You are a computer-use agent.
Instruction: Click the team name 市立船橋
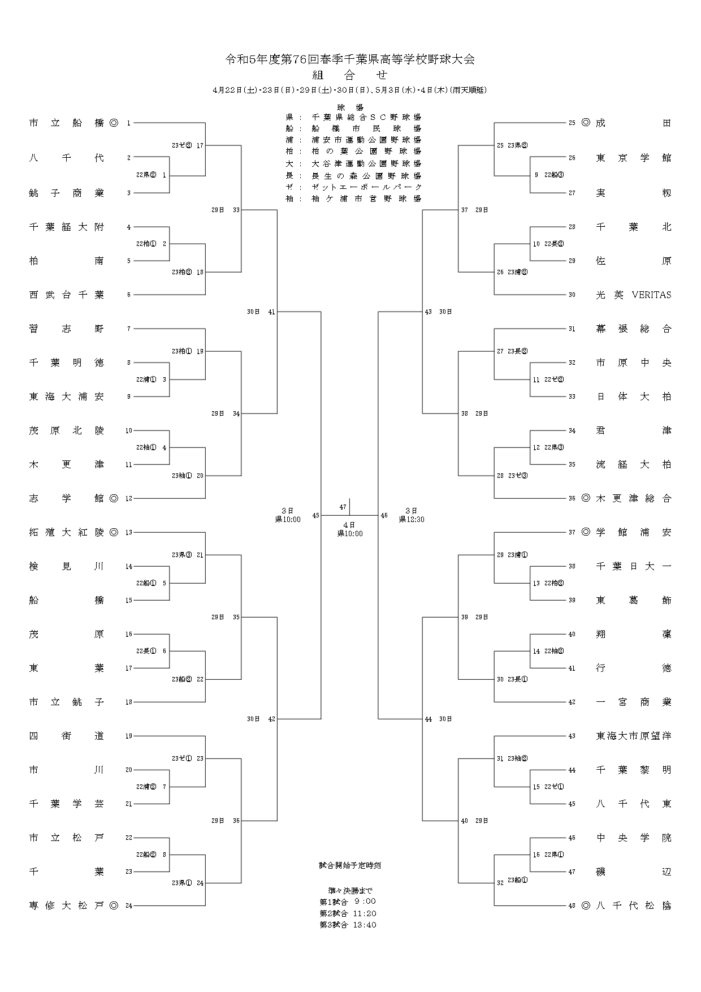pyautogui.click(x=67, y=123)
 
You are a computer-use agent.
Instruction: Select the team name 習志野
pyautogui.click(x=67, y=329)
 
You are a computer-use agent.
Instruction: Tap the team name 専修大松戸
pyautogui.click(x=67, y=905)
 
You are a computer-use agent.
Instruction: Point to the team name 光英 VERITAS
pyautogui.click(x=633, y=295)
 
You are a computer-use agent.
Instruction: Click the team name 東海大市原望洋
pyautogui.click(x=633, y=736)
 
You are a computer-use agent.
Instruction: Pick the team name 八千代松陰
pyautogui.click(x=633, y=905)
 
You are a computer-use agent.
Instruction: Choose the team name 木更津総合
pyautogui.click(x=633, y=498)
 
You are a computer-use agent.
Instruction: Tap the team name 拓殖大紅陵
pyautogui.click(x=67, y=532)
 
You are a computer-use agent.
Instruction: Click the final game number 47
pyautogui.click(x=343, y=507)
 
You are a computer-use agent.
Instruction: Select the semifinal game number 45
pyautogui.click(x=315, y=515)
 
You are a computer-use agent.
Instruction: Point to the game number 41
pyautogui.click(x=271, y=312)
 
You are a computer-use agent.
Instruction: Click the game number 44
pyautogui.click(x=429, y=719)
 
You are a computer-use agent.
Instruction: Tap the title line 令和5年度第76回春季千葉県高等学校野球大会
pyautogui.click(x=350, y=59)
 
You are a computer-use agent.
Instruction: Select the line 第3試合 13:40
pyautogui.click(x=348, y=925)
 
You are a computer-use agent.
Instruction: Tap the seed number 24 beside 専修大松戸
pyautogui.click(x=129, y=905)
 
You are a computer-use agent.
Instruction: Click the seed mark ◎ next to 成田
pyautogui.click(x=586, y=123)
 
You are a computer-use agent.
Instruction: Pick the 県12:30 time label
pyautogui.click(x=412, y=519)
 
